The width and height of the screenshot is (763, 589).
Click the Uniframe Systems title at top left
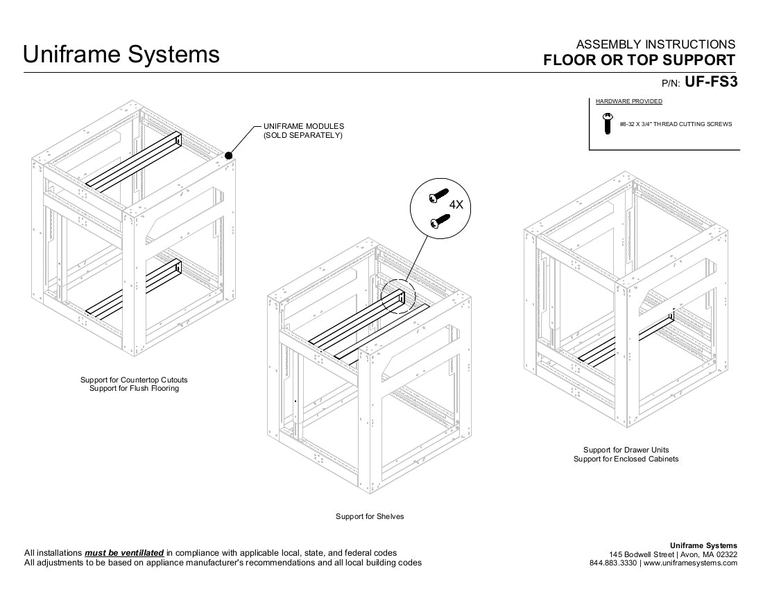coord(121,54)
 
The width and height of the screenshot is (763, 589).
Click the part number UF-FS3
coord(710,82)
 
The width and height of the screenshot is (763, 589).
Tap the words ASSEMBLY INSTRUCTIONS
coord(655,44)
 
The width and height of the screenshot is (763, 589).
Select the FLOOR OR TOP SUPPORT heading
coord(639,60)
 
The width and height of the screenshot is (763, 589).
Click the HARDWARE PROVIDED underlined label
coord(628,101)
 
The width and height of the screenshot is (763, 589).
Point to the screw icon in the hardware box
coord(608,123)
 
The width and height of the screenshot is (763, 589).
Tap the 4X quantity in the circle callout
coord(456,205)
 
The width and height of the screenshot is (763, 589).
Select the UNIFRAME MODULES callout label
coord(304,130)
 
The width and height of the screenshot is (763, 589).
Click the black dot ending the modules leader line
coord(229,157)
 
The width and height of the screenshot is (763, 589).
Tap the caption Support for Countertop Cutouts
coord(134,380)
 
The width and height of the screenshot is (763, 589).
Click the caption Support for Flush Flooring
coord(134,388)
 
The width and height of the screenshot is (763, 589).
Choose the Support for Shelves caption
coord(370,516)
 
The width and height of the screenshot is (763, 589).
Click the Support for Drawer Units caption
coord(626,450)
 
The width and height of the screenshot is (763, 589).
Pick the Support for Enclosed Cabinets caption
coord(626,459)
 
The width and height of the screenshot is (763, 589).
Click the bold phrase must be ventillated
coord(124,553)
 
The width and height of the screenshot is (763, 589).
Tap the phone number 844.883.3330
coord(613,563)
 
